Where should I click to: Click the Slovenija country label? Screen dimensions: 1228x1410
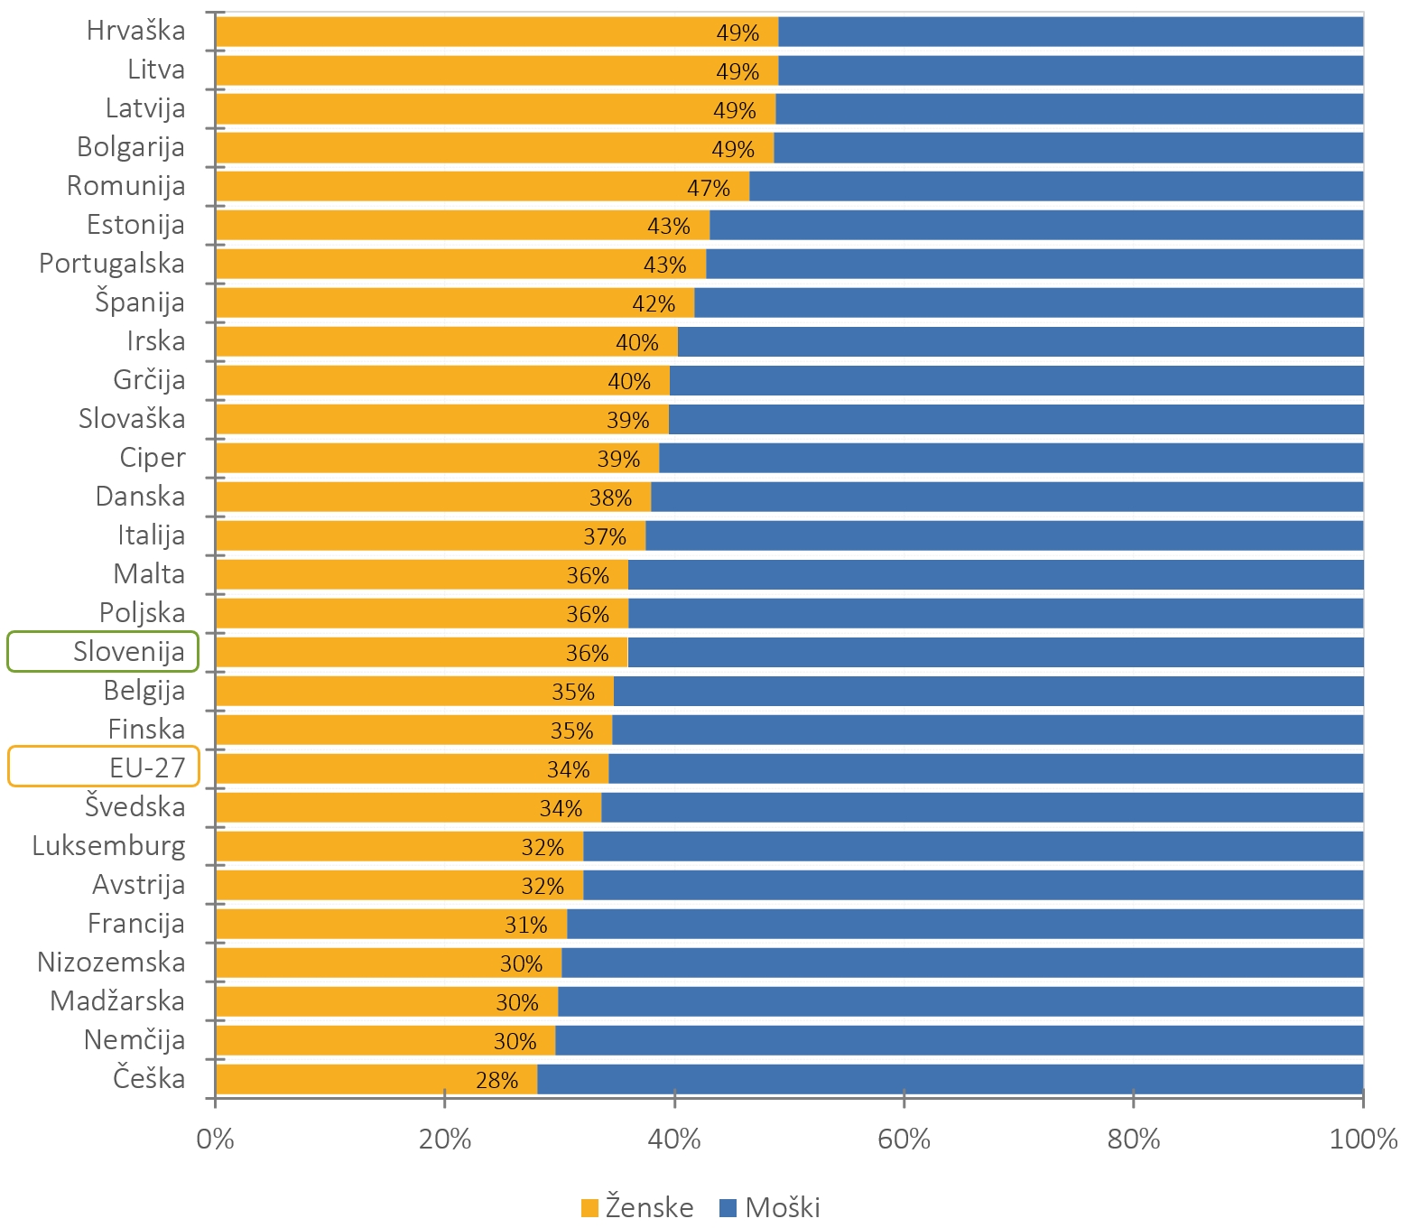tap(129, 652)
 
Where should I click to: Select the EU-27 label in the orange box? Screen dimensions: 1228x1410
tap(147, 768)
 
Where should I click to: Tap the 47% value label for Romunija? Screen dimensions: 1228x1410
tap(709, 188)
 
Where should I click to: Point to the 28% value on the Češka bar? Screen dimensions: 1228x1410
tap(496, 1081)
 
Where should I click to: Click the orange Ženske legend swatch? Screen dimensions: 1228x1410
tap(590, 1208)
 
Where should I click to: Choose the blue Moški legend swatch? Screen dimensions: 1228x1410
tap(728, 1208)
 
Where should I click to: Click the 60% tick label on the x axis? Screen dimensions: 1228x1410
tap(904, 1140)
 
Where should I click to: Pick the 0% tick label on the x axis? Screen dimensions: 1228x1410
tap(215, 1140)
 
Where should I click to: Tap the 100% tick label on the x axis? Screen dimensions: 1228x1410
tap(1363, 1140)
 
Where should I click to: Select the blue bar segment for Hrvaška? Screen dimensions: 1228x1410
tap(1070, 32)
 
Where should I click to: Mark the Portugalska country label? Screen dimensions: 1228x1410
tap(112, 264)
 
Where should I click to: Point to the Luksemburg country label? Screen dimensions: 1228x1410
tap(108, 846)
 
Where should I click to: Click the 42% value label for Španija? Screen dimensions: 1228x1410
tap(654, 304)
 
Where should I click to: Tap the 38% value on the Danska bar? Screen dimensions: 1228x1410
tap(610, 498)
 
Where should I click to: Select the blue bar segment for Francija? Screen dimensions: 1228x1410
tap(964, 925)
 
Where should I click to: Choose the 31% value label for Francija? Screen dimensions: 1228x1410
tap(525, 926)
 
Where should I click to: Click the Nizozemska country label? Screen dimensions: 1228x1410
tap(111, 963)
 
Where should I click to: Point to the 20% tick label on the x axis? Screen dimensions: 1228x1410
tap(445, 1140)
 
